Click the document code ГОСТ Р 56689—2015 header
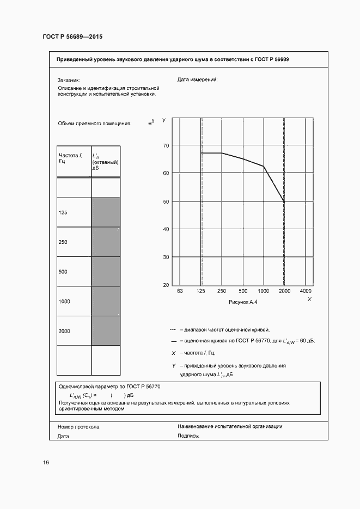pyautogui.click(x=72, y=37)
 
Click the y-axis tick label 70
pyautogui.click(x=166, y=145)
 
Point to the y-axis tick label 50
pyautogui.click(x=166, y=201)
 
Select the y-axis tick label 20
pyautogui.click(x=166, y=285)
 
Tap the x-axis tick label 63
pyautogui.click(x=180, y=291)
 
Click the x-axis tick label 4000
pyautogui.click(x=306, y=291)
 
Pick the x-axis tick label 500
pyautogui.click(x=243, y=291)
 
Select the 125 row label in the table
pyautogui.click(x=63, y=212)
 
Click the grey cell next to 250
pyautogui.click(x=106, y=242)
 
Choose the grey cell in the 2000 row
pyautogui.click(x=106, y=330)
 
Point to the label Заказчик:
pyautogui.click(x=69, y=79)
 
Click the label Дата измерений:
pyautogui.click(x=197, y=79)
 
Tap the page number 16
pyautogui.click(x=46, y=462)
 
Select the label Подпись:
pyautogui.click(x=188, y=436)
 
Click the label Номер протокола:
pyautogui.click(x=79, y=427)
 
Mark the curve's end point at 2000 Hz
pyautogui.click(x=284, y=202)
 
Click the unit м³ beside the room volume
pyautogui.click(x=151, y=123)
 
